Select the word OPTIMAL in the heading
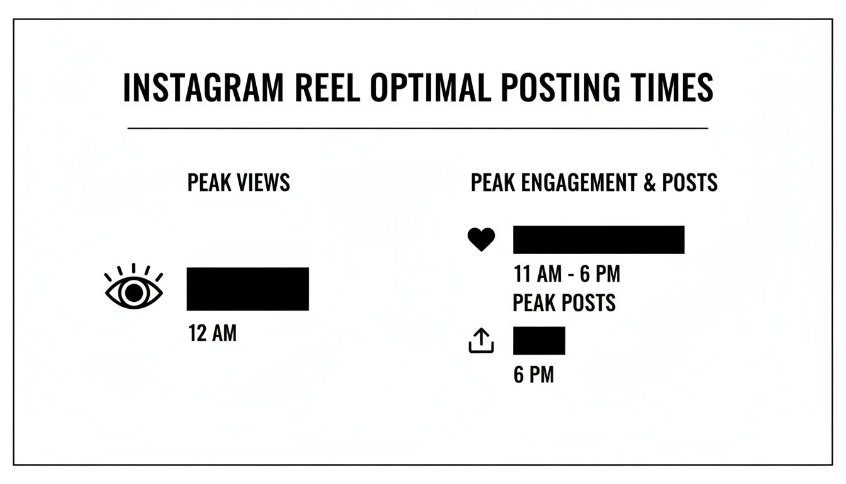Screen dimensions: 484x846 click(x=430, y=88)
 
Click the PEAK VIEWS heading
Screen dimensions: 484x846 click(x=239, y=183)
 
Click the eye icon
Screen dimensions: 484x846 click(x=133, y=289)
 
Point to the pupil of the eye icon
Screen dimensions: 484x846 click(x=133, y=293)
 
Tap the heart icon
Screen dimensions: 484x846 click(x=481, y=239)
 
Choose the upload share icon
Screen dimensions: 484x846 click(x=481, y=341)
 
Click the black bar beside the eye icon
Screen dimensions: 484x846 click(x=247, y=289)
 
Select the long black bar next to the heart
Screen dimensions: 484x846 click(x=598, y=239)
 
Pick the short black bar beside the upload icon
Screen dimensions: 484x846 click(x=539, y=340)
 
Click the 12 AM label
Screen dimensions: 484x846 click(x=212, y=333)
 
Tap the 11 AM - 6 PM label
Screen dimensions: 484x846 click(x=567, y=275)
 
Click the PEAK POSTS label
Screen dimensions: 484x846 click(x=564, y=303)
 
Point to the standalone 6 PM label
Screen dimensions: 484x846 click(x=534, y=375)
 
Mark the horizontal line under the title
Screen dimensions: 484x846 click(x=418, y=128)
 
